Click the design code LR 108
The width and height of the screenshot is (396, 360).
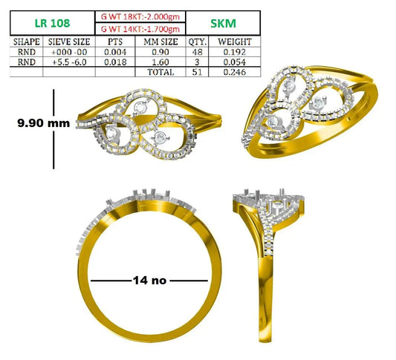[52, 23]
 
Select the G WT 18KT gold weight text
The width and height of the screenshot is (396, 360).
[140, 16]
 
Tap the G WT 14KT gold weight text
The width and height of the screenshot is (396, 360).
[140, 29]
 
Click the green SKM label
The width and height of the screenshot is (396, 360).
[223, 24]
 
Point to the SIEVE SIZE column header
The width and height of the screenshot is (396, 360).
[69, 42]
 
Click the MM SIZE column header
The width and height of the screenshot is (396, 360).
[160, 42]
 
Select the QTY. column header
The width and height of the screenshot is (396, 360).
[197, 42]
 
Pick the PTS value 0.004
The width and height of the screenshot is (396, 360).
[115, 52]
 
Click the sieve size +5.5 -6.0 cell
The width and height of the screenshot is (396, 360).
[69, 62]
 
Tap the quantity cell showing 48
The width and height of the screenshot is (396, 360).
[197, 52]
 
